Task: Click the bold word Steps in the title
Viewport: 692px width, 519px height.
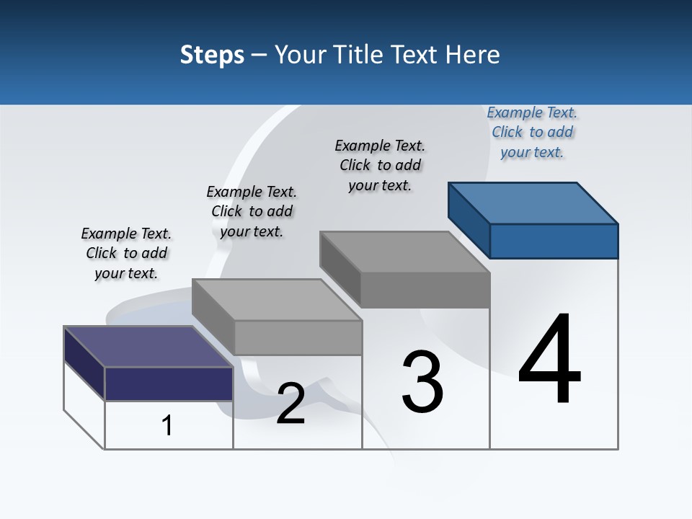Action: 212,55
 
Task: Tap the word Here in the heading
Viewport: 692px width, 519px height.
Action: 473,55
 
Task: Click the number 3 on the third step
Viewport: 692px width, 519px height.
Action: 422,382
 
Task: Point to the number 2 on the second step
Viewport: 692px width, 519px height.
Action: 290,404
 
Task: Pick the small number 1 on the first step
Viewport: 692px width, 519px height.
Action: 167,425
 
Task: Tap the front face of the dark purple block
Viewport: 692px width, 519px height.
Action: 169,383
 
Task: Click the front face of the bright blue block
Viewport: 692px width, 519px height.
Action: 554,241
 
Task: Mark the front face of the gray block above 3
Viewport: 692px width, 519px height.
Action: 425,290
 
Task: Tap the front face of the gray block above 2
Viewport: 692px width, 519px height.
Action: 297,337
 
